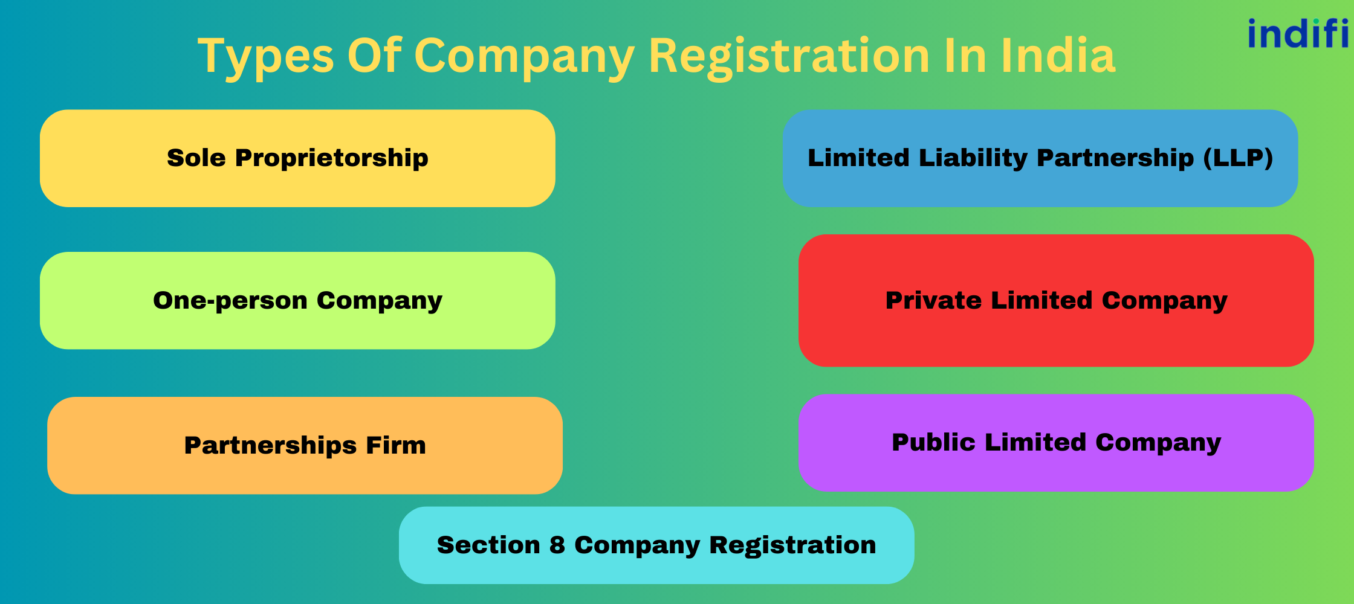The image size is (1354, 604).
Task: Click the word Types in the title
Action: (265, 56)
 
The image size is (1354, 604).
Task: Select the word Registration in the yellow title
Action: (789, 56)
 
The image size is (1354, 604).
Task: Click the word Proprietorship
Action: (331, 158)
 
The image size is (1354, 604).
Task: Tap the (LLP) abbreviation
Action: (1238, 158)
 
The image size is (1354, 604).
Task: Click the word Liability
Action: (973, 158)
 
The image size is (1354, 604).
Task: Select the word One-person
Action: (230, 301)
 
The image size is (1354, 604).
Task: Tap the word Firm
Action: (396, 445)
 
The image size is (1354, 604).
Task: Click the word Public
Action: (933, 442)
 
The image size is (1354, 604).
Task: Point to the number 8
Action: (557, 545)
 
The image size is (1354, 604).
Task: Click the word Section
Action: (488, 545)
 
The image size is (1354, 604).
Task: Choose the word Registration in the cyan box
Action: (792, 545)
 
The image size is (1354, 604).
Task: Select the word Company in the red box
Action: (1164, 301)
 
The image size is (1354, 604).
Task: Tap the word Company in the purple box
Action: (1158, 443)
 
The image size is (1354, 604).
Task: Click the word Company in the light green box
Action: (379, 301)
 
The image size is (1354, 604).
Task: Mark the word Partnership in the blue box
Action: (1115, 158)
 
